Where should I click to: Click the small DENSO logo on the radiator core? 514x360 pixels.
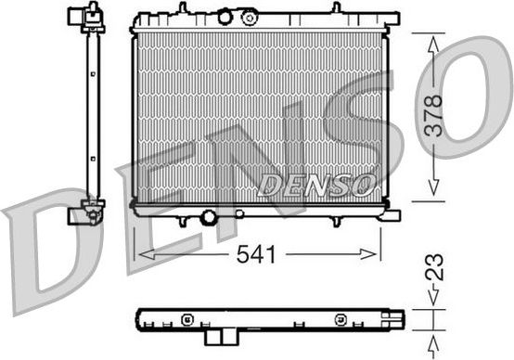click(x=315, y=185)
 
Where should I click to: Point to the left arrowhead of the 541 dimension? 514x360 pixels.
click(x=140, y=251)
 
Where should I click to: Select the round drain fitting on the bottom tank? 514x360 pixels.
click(x=209, y=217)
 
